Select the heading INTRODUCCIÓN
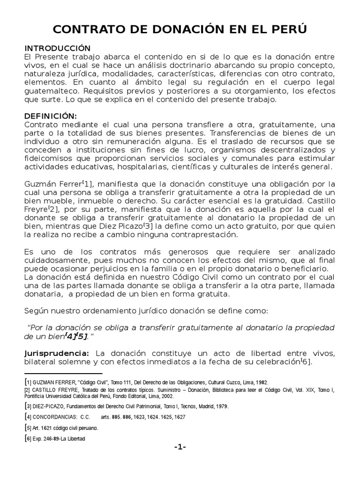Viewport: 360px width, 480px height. click(x=57, y=48)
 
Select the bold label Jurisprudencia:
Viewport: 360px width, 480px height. click(x=56, y=353)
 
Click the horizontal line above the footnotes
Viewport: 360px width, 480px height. click(x=62, y=373)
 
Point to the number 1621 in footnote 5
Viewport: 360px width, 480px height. click(x=50, y=428)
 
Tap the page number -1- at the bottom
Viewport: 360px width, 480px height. click(x=180, y=447)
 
